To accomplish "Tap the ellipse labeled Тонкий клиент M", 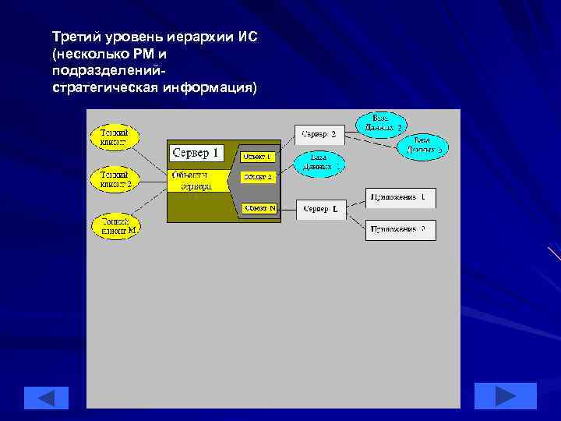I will [x=115, y=225].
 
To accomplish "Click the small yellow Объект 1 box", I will [x=257, y=156].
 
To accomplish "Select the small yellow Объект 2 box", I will [x=258, y=177].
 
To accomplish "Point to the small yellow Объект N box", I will [x=258, y=208].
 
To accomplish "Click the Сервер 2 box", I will [x=319, y=134].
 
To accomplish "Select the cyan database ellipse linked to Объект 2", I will [x=316, y=162].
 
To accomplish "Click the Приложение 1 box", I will [x=400, y=198].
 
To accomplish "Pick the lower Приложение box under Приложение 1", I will [x=400, y=230].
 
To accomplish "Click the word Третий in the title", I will [x=76, y=37].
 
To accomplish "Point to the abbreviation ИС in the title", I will [x=247, y=37].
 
